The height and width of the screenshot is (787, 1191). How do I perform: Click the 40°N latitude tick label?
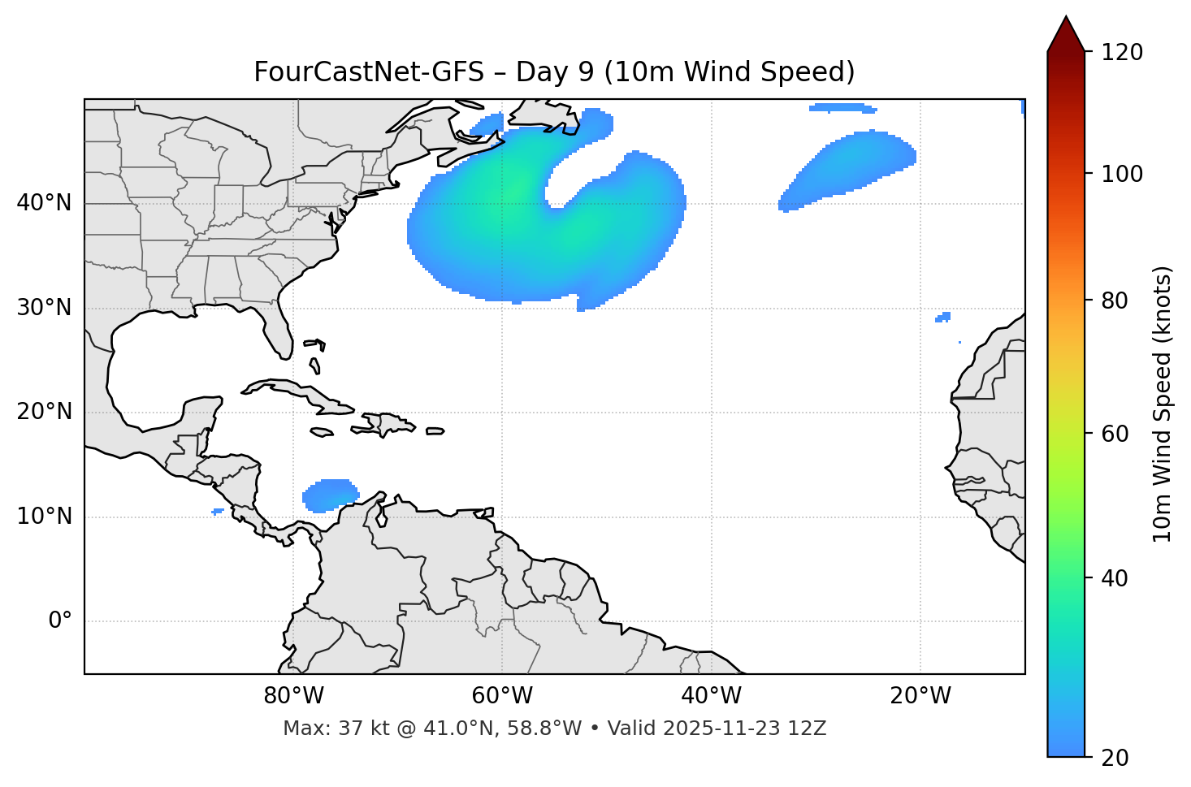click(44, 203)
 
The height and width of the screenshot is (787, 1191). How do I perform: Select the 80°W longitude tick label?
click(293, 696)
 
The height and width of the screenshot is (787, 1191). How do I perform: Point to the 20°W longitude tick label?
click(920, 696)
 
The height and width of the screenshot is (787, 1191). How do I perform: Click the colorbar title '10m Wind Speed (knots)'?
click(1163, 404)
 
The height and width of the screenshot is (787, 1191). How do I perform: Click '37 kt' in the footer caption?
click(351, 729)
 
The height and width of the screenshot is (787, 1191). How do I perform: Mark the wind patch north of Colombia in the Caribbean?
click(330, 495)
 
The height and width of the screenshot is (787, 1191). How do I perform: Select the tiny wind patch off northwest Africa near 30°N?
click(943, 317)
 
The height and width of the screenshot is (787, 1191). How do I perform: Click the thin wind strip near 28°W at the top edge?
click(842, 107)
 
